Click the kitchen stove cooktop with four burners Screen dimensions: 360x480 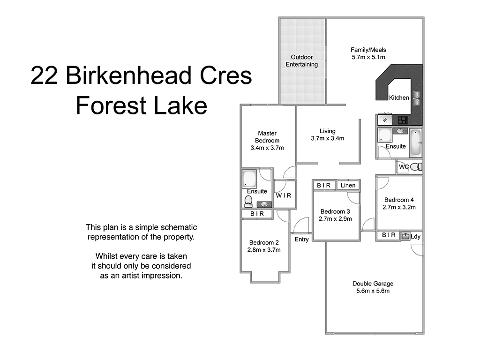click(402, 120)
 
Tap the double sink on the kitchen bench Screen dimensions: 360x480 click(416, 98)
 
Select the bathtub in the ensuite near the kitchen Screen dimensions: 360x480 click(415, 142)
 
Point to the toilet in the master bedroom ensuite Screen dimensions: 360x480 click(249, 201)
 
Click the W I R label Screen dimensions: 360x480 click(284, 195)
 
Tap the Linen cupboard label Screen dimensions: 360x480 click(348, 186)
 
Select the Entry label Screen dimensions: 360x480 click(301, 240)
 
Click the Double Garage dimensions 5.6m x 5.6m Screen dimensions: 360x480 click(373, 291)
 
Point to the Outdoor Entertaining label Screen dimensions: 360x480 click(302, 61)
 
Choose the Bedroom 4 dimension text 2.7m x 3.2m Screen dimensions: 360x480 click(399, 207)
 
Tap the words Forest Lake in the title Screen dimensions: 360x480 click(141, 105)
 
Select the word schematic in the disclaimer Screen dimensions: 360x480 click(175, 227)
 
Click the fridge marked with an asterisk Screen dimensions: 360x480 click(385, 120)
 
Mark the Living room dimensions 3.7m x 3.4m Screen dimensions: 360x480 click(327, 138)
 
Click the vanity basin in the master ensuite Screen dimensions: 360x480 click(264, 204)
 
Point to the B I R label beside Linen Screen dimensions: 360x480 click(323, 186)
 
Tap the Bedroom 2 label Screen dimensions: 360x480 click(264, 242)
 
